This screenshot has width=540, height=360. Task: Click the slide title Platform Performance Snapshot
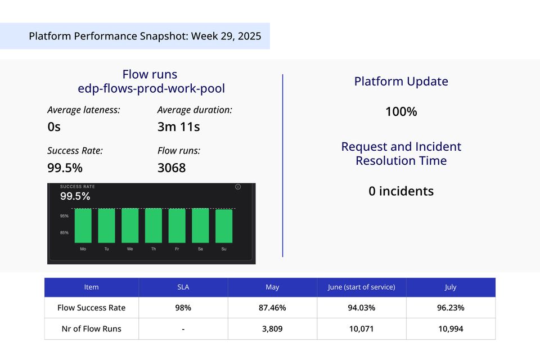[x=145, y=37]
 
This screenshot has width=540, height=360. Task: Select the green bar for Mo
[x=83, y=226]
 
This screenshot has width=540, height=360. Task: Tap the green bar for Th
[x=154, y=226]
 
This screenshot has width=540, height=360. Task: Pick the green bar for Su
[x=223, y=226]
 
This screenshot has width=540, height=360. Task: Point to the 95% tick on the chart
[x=64, y=216]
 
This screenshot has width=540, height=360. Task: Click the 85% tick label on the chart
[x=64, y=232]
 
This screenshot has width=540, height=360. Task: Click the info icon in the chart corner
[x=238, y=187]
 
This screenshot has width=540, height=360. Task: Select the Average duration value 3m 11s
[x=178, y=127]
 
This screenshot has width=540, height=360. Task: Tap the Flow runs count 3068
[x=172, y=168]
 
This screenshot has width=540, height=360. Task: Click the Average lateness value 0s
[x=54, y=127]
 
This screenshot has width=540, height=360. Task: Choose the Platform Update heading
[x=401, y=82]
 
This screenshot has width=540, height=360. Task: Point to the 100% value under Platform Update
[x=401, y=112]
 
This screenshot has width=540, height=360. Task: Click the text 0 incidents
[x=401, y=191]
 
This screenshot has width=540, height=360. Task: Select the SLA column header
[x=183, y=287]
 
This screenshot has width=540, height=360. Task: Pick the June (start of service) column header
[x=362, y=287]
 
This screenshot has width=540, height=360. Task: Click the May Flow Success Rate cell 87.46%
[x=272, y=308]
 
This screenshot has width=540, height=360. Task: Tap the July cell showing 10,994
[x=450, y=328]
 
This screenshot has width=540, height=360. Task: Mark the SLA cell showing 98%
[x=183, y=308]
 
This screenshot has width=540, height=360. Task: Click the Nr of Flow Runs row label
[x=91, y=328]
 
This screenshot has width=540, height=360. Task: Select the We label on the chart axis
[x=130, y=248]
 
